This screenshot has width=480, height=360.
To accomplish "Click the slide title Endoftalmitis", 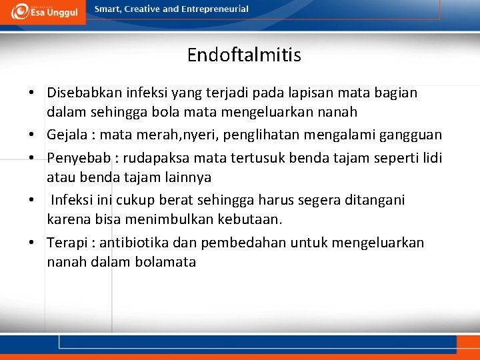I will click(x=244, y=55).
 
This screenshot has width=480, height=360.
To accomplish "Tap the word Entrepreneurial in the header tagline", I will click(x=215, y=9).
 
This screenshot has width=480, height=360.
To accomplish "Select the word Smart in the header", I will click(x=108, y=9).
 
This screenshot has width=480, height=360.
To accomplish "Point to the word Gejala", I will click(x=69, y=135).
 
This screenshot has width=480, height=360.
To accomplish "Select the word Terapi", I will click(x=65, y=243).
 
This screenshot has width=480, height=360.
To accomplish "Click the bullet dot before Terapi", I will click(x=32, y=243).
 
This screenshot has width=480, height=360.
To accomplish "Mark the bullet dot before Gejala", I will click(x=32, y=136).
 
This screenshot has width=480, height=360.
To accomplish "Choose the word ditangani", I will click(x=373, y=200).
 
